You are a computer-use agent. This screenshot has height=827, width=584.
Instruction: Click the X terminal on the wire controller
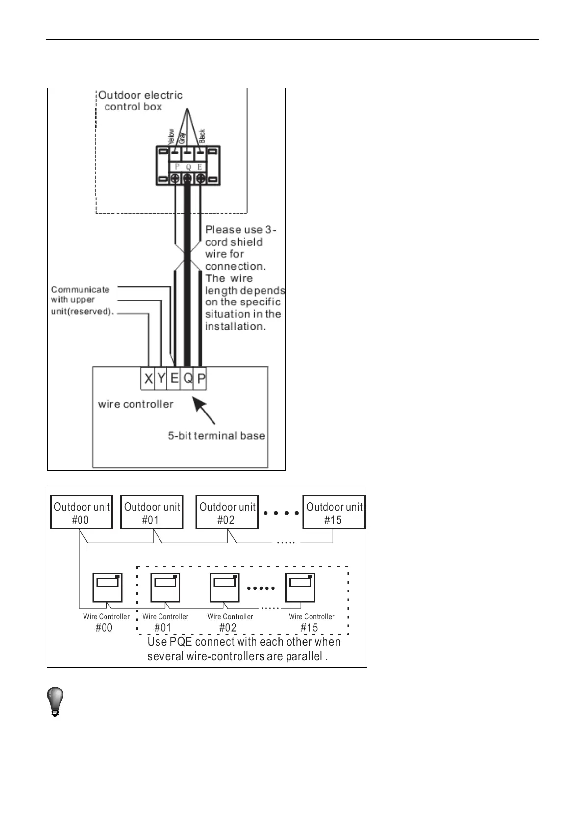pyautogui.click(x=148, y=379)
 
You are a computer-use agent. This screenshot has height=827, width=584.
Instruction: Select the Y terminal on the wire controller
pyautogui.click(x=161, y=379)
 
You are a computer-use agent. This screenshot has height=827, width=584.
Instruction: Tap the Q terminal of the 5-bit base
pyautogui.click(x=187, y=379)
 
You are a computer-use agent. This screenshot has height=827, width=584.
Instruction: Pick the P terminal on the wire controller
pyautogui.click(x=201, y=379)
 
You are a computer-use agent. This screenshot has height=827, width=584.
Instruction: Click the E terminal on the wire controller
pyautogui.click(x=174, y=379)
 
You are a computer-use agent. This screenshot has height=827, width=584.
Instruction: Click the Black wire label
pyautogui.click(x=202, y=136)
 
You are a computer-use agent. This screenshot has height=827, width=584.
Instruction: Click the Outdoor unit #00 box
pyautogui.click(x=81, y=513)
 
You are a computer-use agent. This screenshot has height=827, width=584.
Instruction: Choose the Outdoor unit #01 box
pyautogui.click(x=152, y=513)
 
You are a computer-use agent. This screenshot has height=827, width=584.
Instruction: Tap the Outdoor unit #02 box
pyautogui.click(x=227, y=513)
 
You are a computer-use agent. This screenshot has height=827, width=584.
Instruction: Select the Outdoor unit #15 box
pyautogui.click(x=334, y=513)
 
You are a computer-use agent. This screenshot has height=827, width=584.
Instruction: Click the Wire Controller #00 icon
pyautogui.click(x=107, y=587)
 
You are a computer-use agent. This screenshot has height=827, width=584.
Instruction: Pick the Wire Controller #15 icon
pyautogui.click(x=300, y=587)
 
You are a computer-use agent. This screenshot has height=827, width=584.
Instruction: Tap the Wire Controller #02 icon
pyautogui.click(x=225, y=587)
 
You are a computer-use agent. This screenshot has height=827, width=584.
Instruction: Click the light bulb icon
pyautogui.click(x=55, y=702)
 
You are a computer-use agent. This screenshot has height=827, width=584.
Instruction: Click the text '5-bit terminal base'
pyautogui.click(x=216, y=436)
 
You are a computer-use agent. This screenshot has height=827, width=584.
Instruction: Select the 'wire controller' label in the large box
pyautogui.click(x=135, y=404)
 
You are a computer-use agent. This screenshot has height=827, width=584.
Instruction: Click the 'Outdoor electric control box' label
pyautogui.click(x=139, y=101)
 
